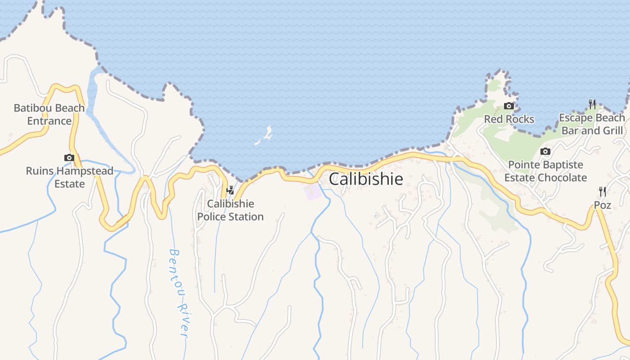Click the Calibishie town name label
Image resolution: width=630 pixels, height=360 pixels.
pos(366,179)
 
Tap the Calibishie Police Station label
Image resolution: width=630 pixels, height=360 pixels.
pos(230,210)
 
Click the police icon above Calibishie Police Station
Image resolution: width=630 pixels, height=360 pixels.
pos(230,190)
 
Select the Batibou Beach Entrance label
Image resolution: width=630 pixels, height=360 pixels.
pos(49,114)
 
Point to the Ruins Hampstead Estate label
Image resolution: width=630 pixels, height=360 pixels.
pos(69,177)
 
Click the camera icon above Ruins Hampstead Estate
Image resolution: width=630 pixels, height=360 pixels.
pos(69,157)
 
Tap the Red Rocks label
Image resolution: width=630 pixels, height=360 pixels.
pos(509,119)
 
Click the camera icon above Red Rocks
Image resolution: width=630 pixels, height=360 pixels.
pos(509,106)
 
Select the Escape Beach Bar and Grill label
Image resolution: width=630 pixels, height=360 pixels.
pos(592,124)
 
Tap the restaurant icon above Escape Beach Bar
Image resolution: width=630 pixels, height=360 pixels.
pos(592,104)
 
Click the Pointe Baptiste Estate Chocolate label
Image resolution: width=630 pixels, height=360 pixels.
pos(545,171)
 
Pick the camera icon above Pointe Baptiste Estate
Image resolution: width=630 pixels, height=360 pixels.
pos(545,151)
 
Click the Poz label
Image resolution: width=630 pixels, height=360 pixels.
pos(602,205)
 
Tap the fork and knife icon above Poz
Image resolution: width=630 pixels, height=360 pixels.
pos(602,192)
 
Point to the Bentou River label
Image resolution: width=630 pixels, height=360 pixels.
pos(179,293)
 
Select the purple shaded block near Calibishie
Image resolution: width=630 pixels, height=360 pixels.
pos(313,192)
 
